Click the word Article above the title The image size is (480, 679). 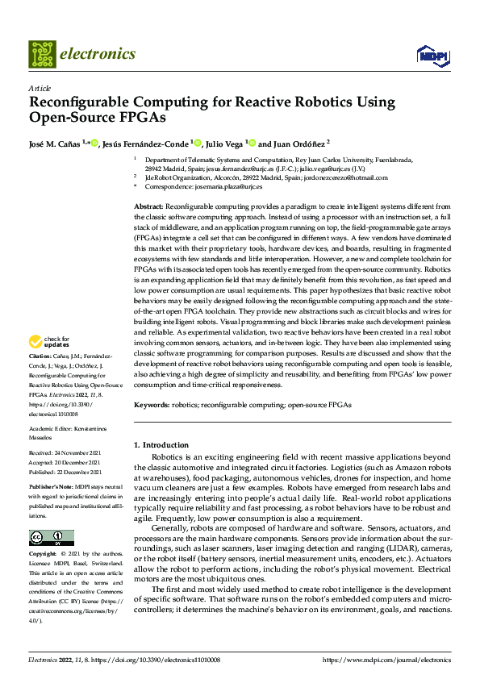coord(40,88)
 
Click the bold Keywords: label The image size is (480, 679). coord(152,404)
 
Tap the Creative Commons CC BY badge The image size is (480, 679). coord(51,514)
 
